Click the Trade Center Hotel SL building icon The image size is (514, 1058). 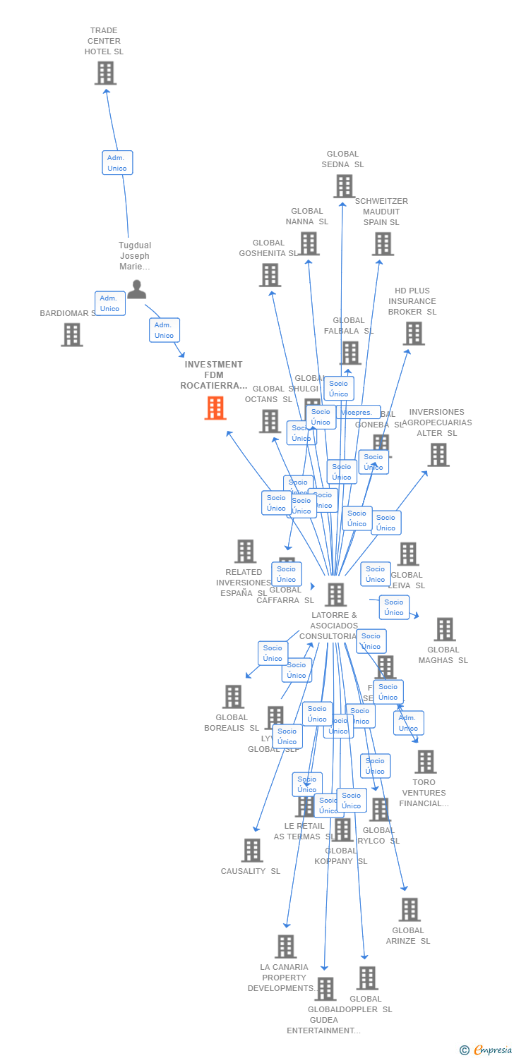pos(105,73)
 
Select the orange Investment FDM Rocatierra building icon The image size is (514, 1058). pos(215,408)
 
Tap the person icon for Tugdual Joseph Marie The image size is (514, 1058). pos(136,289)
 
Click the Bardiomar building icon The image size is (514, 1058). pos(72,335)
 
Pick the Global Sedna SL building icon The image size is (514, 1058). pos(344,186)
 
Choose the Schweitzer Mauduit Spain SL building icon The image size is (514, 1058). pos(383,244)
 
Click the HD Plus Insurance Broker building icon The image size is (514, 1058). pos(414,334)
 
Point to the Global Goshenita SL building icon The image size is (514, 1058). pos(270,275)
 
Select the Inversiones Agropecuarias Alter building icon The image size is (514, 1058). pos(438,455)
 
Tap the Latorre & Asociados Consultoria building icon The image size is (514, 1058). pos(335,595)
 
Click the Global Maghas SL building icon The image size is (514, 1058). pos(444,629)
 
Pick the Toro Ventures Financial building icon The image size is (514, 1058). pos(425,762)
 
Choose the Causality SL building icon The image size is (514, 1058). pos(252,851)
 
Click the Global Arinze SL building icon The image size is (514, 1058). pos(410,910)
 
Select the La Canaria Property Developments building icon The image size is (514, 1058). pos(285,947)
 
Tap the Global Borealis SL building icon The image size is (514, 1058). pos(233,697)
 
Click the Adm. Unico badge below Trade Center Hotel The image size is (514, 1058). pos(117,163)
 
